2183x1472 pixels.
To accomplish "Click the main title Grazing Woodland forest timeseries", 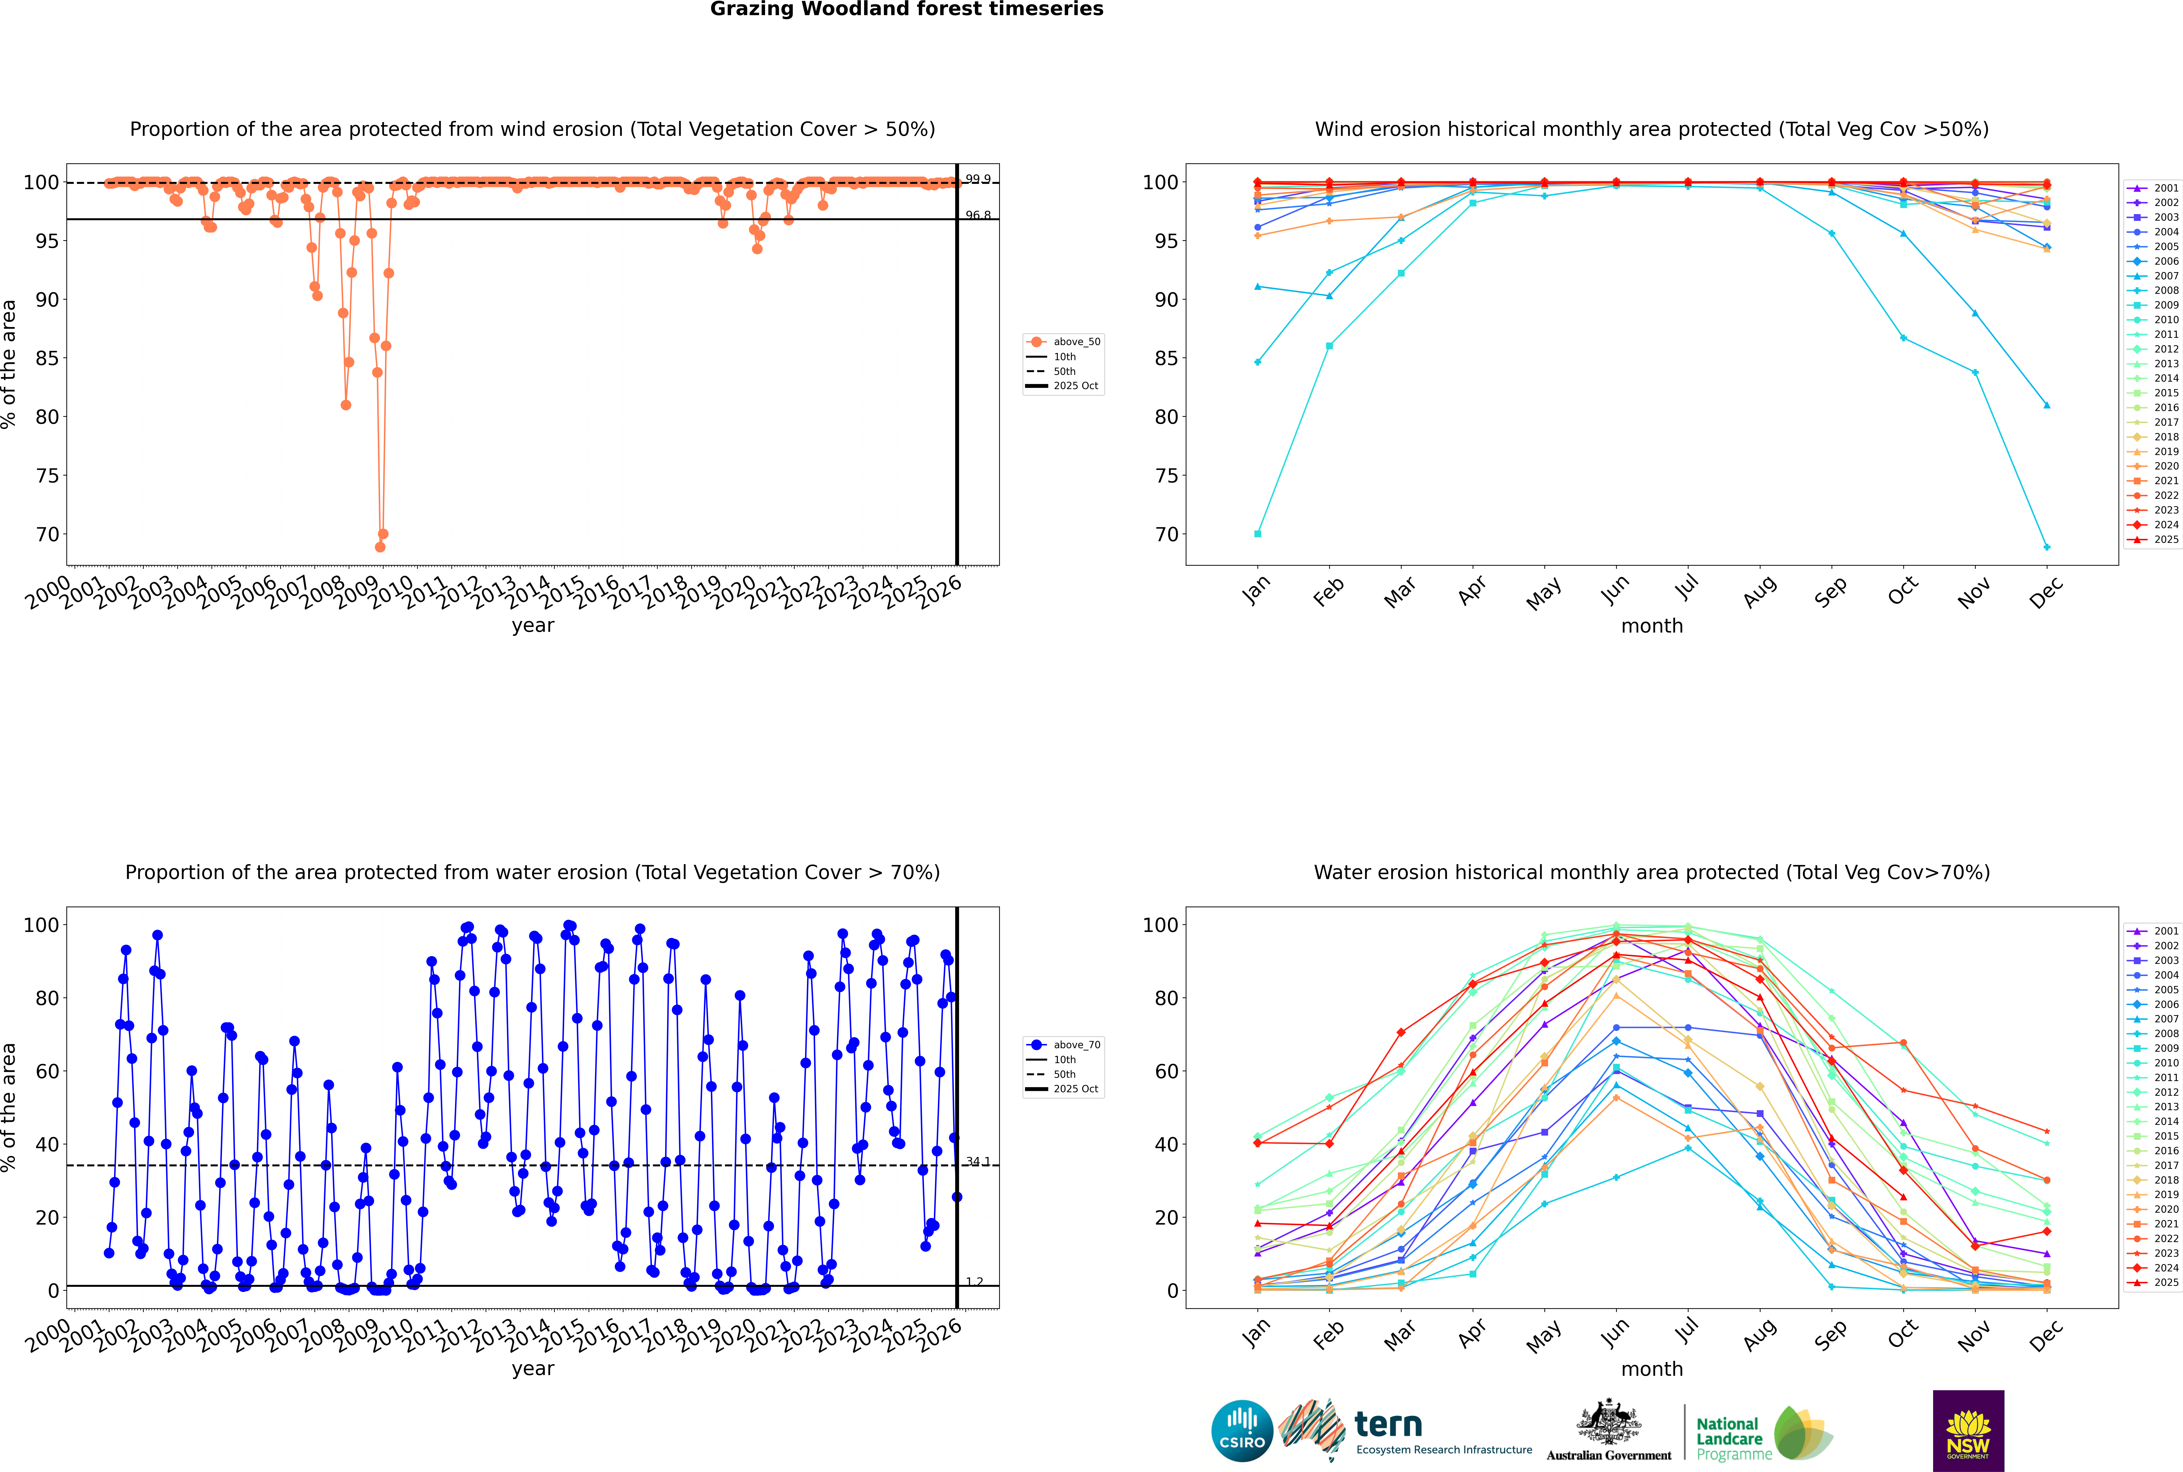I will click(x=907, y=9).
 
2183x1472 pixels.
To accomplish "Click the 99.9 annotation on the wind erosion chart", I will click(x=978, y=179).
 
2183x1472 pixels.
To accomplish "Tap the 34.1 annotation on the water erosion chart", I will click(x=978, y=1161).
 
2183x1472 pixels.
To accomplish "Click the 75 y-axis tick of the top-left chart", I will click(x=47, y=476).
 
